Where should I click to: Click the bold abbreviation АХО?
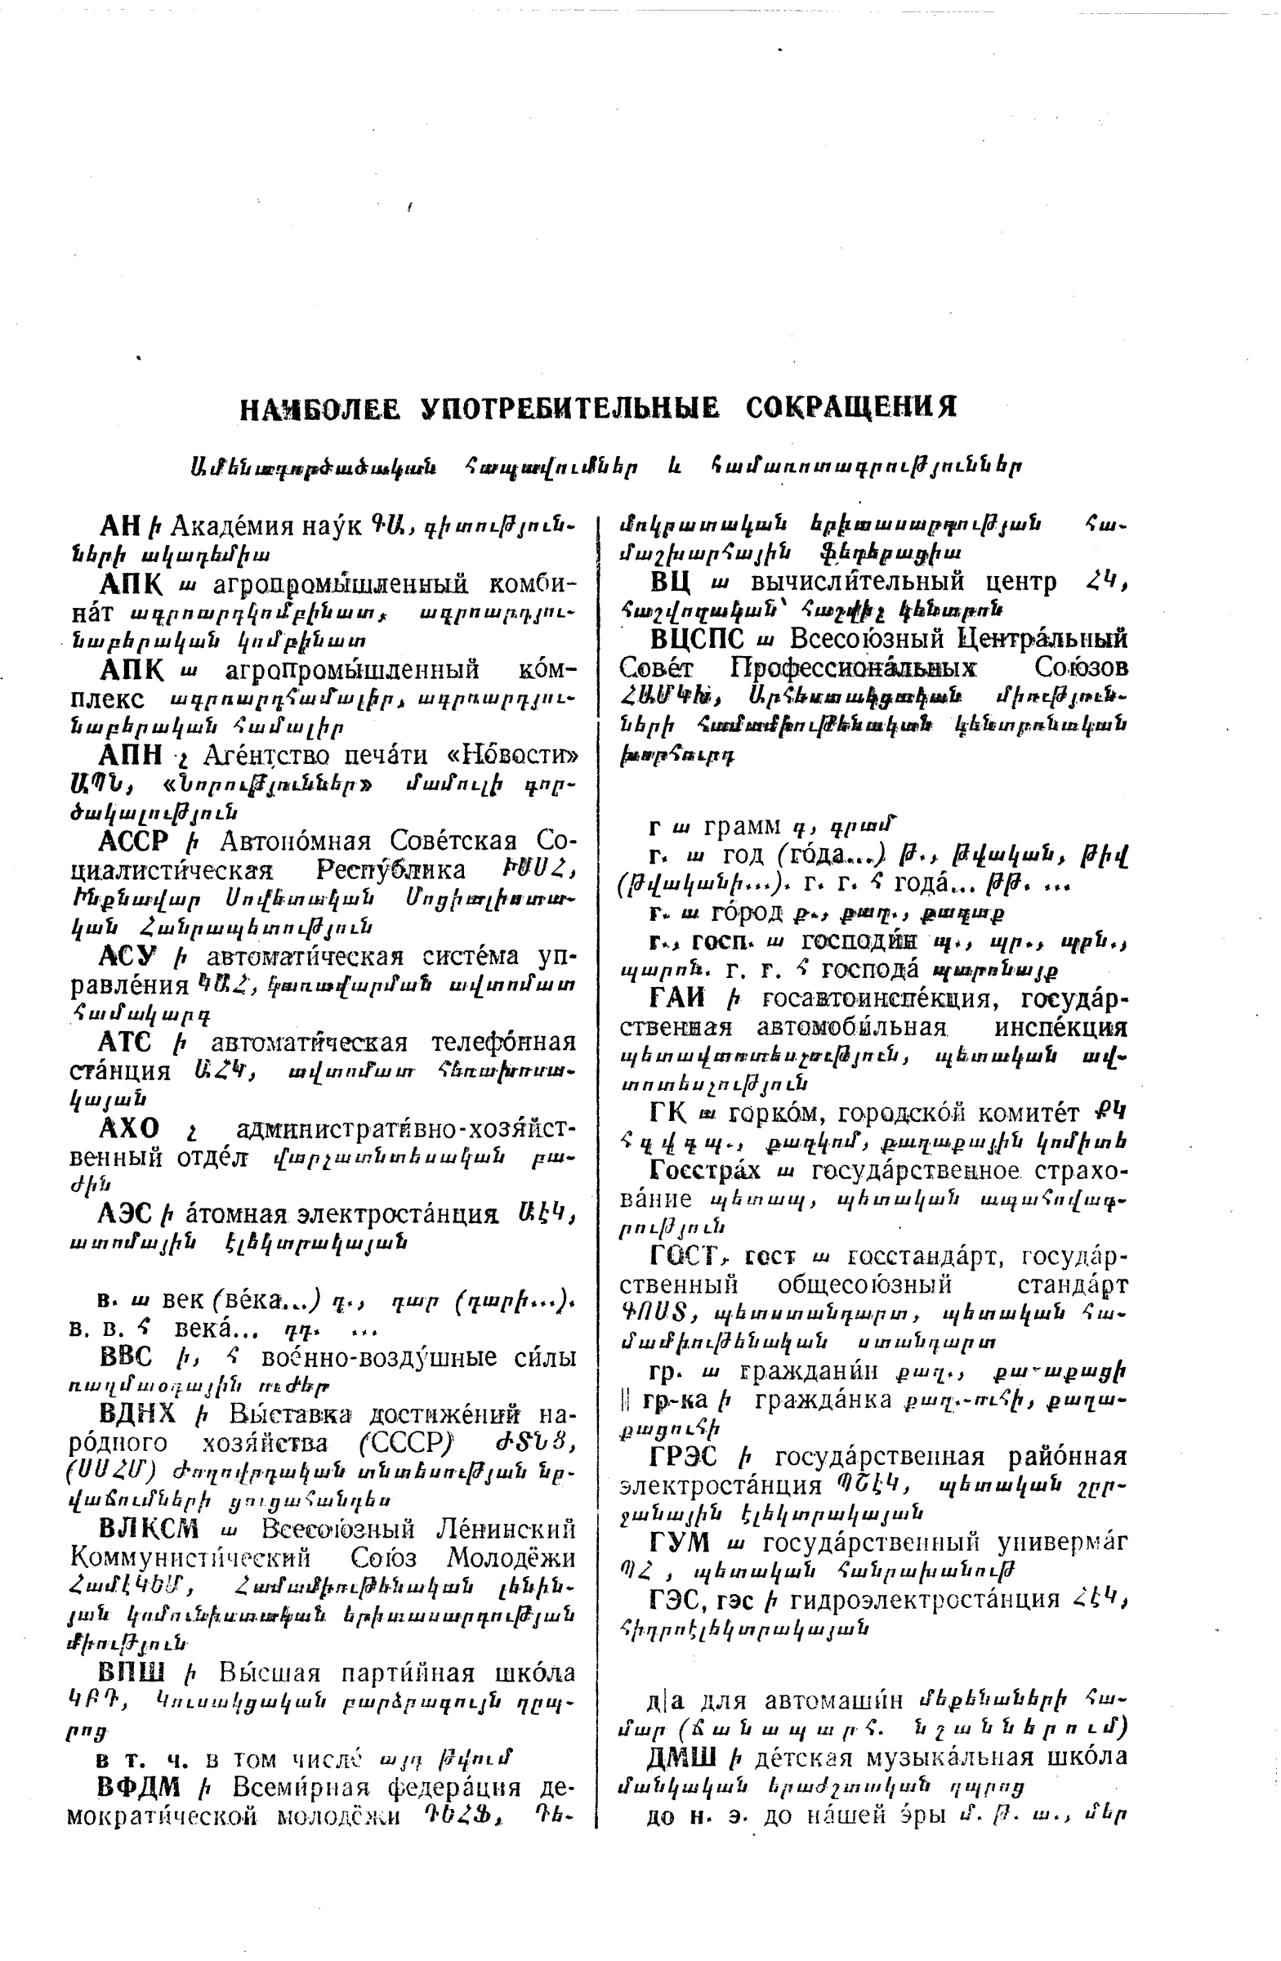point(127,1128)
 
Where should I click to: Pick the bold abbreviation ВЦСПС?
point(697,640)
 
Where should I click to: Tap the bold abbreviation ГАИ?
point(678,998)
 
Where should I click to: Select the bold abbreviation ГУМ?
point(679,1542)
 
